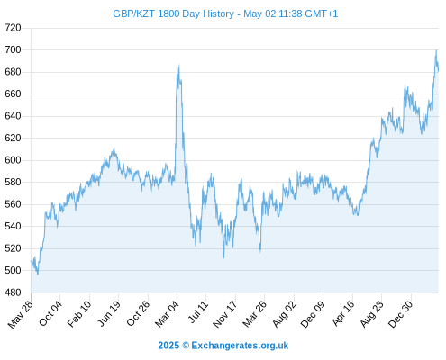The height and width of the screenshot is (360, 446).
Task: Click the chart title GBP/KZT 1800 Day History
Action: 173,13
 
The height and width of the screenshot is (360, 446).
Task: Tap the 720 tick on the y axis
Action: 13,28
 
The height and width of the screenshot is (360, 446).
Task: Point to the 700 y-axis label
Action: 13,49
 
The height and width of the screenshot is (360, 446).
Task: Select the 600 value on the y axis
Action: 13,160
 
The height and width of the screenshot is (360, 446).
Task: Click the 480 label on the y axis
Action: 13,292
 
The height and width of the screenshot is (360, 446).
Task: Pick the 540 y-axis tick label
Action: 13,226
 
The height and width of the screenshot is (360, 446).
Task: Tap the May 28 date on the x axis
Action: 21,314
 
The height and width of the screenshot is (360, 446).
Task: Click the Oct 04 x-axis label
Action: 50,313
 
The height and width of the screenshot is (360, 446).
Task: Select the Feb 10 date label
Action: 79,314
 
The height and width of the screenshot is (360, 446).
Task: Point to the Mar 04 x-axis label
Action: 167,314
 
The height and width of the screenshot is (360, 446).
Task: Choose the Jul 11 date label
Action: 198,312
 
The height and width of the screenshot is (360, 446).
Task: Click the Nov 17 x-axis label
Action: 225,314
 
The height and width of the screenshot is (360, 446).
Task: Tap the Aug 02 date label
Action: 284,314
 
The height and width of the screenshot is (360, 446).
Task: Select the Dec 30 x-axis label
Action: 401,314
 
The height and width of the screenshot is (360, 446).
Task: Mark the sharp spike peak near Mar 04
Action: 179,65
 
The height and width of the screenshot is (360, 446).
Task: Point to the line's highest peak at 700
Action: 436,50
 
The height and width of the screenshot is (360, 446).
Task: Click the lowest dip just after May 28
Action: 38,274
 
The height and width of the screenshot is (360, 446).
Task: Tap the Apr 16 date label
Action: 343,313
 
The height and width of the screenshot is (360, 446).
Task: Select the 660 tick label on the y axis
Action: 13,94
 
